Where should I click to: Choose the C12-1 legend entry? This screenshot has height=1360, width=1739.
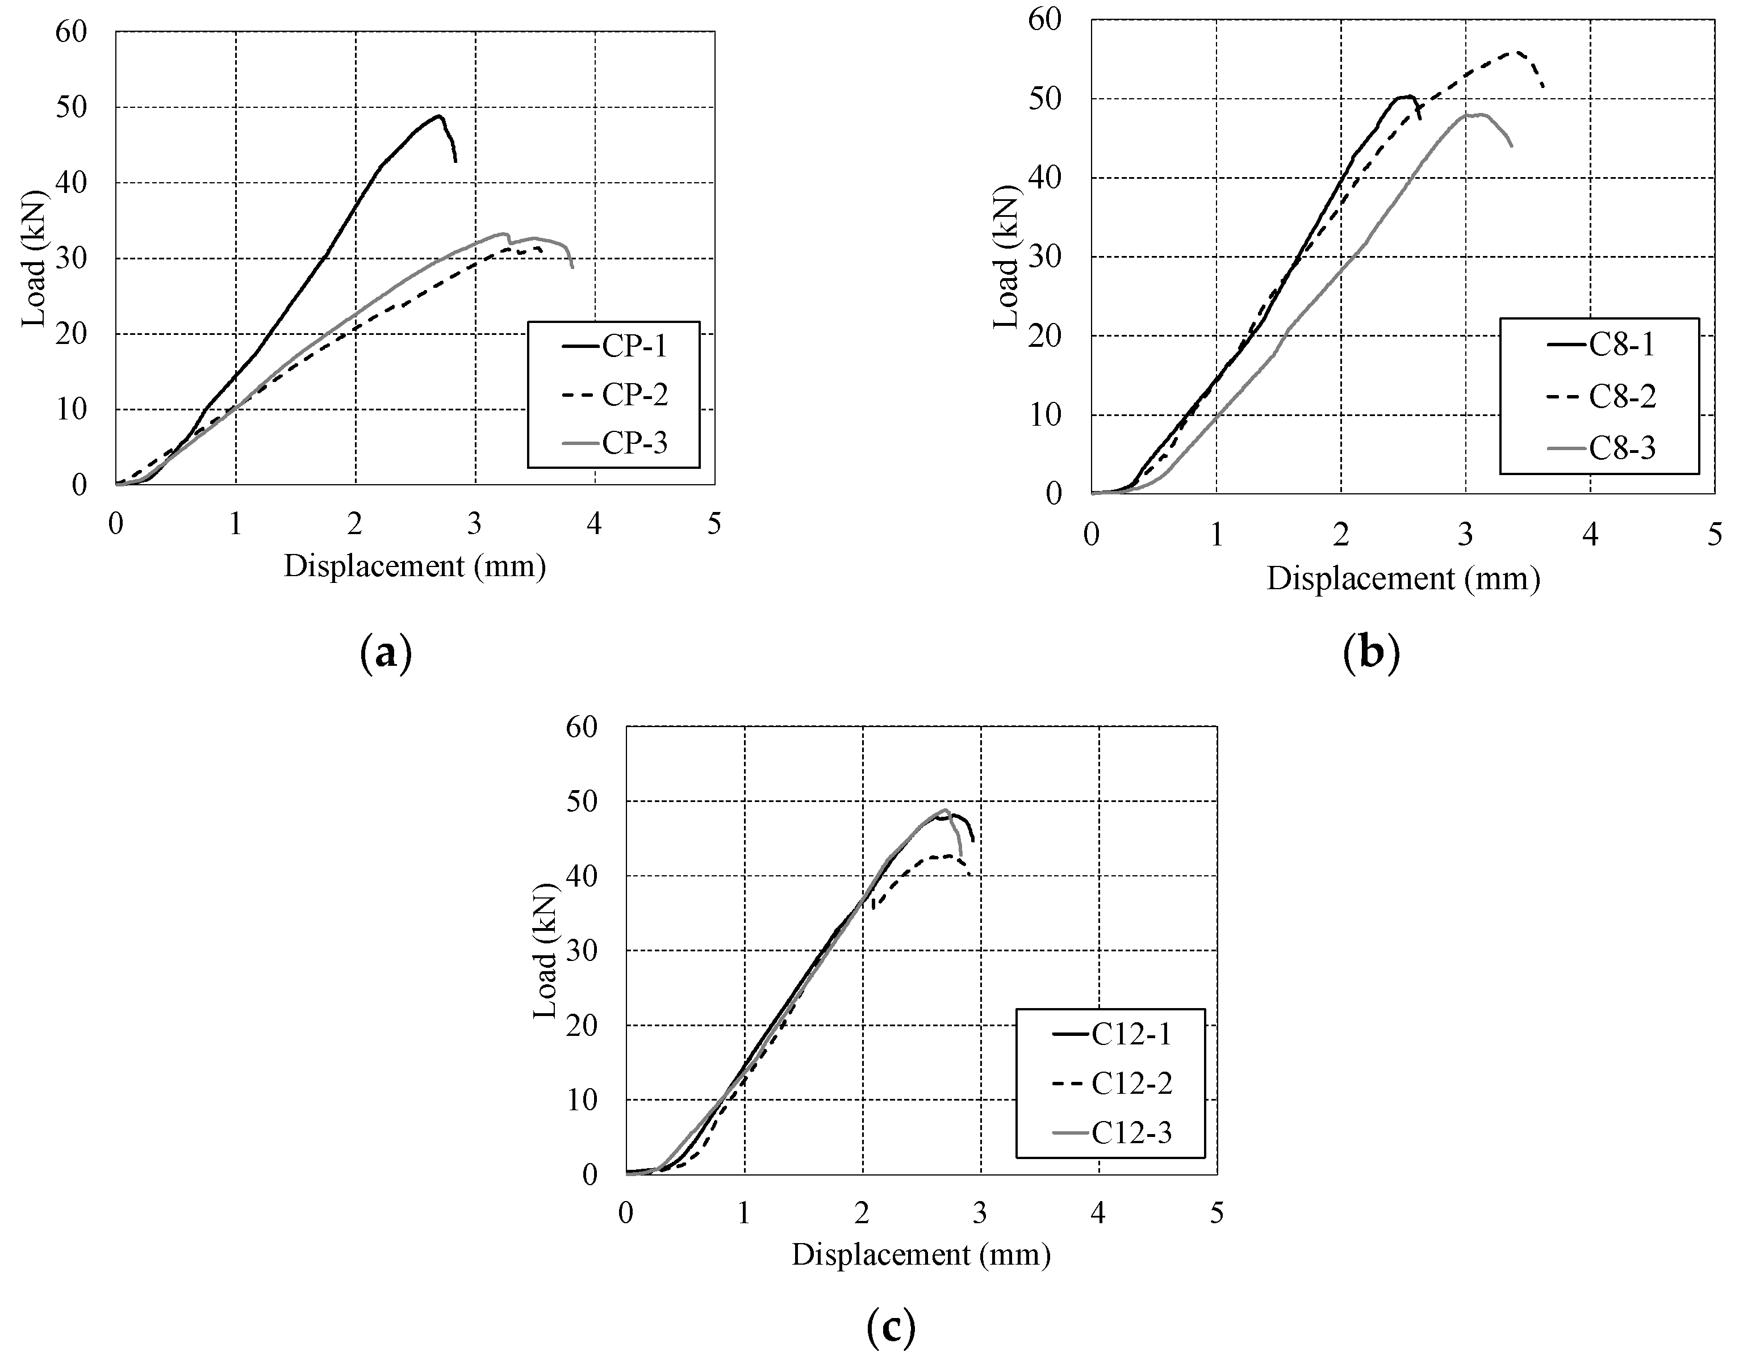(1131, 1034)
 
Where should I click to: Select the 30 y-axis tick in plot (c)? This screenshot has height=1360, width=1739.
(582, 951)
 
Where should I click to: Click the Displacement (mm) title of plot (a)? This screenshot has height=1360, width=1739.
(415, 566)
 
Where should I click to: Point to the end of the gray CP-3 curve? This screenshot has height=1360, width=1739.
(572, 268)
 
